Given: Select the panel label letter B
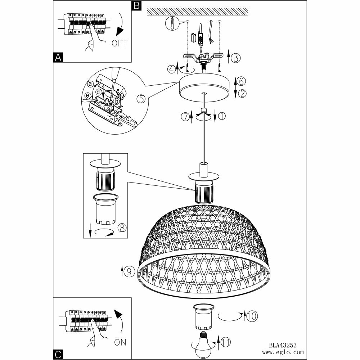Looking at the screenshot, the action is (x=136, y=5).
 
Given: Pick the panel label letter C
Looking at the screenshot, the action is (x=58, y=354).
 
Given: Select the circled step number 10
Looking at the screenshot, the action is (x=252, y=316).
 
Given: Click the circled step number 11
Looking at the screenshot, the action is (x=225, y=342).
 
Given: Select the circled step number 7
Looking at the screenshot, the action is (x=185, y=117).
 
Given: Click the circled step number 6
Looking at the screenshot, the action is (x=242, y=81).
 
